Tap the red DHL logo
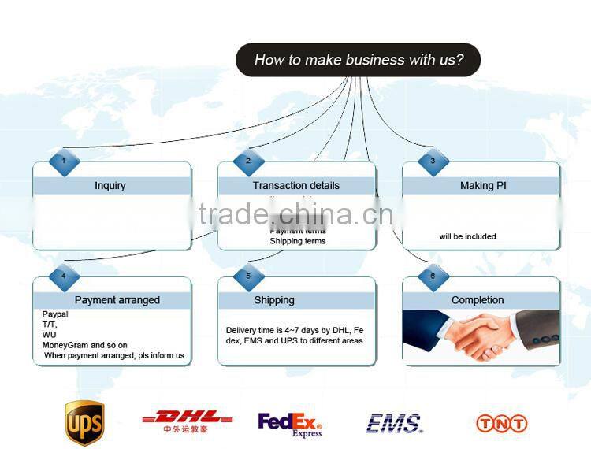coord(187,419)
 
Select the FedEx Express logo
coord(290,424)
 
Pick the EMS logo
coord(394,424)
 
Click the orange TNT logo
coord(501,423)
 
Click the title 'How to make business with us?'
coord(359,60)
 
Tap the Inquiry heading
coord(110,186)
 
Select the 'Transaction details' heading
coord(296,186)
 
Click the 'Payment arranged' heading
coord(117,300)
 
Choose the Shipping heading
coord(274,300)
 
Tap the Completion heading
coord(478,300)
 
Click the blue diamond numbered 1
coord(64,161)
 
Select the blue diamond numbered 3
coord(433,161)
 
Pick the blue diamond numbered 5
coord(248,276)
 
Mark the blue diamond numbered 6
coord(433,276)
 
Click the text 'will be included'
coord(468,236)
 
